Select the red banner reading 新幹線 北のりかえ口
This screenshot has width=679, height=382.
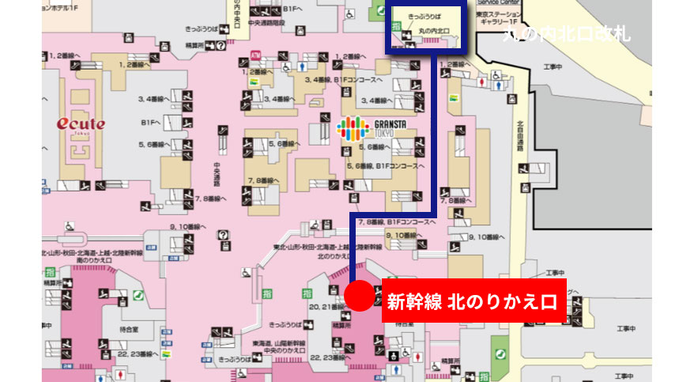(x=473, y=301)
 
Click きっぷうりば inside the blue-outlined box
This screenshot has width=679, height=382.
(x=424, y=15)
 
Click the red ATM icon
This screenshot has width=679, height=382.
(x=255, y=55)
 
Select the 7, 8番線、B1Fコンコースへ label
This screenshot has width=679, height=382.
(x=398, y=222)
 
